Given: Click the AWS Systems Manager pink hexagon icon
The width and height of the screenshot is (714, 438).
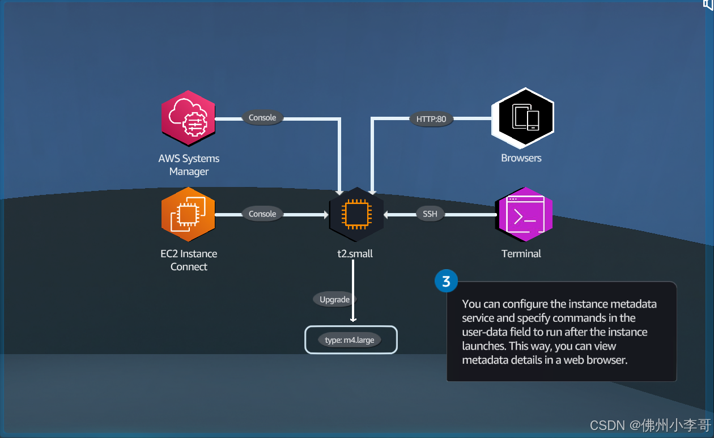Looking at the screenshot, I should coord(189,118).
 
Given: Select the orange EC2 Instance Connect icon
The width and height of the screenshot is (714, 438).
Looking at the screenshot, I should coord(189,214).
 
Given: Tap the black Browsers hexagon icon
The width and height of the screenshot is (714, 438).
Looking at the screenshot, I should coord(522,118).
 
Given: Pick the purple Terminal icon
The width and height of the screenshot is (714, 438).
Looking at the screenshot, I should coord(524,215).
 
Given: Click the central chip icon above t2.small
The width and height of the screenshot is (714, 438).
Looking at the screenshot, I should coord(356,215).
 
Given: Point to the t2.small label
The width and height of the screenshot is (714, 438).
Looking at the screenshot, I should coord(355,254).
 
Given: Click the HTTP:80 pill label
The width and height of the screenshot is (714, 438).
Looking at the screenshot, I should coord(431,119).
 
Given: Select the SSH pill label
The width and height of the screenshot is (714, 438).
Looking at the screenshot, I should coord(430,214).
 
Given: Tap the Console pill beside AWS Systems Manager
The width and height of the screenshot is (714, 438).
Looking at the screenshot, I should coord(262,118).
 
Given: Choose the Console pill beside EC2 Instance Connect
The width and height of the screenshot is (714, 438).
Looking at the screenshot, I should coord(262,214).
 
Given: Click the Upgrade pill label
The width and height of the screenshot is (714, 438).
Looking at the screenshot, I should coord(334,299).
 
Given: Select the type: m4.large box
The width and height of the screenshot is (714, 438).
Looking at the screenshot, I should coord(351,340).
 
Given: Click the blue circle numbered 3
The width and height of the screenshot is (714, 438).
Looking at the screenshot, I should coord(446,281).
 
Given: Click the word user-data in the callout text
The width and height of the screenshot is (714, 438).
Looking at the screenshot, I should coord(486,332).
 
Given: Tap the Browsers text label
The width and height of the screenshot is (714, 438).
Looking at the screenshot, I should coord(521,158).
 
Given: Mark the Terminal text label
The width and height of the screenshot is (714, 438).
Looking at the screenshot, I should coord(521,254).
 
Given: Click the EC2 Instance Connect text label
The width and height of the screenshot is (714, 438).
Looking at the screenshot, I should coord(189,260).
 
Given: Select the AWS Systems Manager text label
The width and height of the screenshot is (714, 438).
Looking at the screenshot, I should coord(189,165).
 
